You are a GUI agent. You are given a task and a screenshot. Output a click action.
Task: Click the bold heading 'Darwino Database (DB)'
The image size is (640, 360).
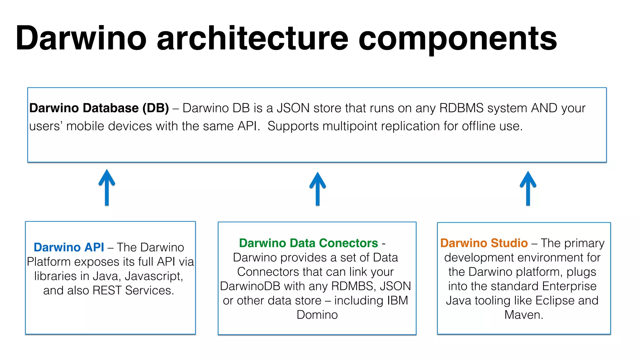click(99, 108)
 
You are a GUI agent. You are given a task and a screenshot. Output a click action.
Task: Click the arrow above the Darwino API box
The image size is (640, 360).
click(107, 187)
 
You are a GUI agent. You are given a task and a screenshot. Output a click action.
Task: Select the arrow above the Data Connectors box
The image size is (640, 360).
click(317, 189)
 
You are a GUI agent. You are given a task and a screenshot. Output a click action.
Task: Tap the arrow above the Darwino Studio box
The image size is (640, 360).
click(528, 188)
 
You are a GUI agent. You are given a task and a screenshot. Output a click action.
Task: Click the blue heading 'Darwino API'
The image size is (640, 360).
click(69, 247)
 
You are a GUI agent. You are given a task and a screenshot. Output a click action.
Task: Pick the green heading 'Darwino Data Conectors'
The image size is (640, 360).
click(308, 243)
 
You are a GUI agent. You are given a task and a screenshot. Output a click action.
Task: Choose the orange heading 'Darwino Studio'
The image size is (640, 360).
click(484, 243)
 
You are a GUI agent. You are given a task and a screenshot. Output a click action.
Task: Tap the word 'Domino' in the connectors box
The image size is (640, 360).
click(317, 315)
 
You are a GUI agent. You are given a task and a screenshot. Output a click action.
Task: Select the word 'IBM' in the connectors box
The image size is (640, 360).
click(397, 301)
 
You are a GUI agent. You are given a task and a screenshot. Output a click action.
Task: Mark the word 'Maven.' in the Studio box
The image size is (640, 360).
click(524, 315)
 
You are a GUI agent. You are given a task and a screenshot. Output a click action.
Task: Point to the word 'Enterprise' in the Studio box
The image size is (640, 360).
click(569, 286)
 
